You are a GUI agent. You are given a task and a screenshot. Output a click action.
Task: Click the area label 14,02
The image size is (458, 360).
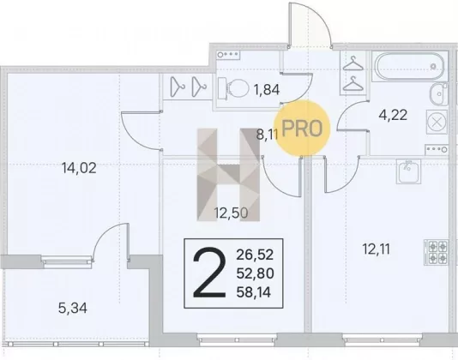tap(79, 168)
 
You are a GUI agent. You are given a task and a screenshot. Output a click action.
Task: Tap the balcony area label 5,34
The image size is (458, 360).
tap(73, 309)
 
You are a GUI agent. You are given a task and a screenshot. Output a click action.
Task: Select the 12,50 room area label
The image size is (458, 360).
tap(231, 213)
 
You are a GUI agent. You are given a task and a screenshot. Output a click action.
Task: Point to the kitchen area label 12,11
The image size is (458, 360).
tap(377, 249)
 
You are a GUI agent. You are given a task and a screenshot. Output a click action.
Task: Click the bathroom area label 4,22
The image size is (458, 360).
tap(393, 115)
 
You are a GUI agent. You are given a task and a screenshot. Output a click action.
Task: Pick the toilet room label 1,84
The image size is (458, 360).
tap(267, 90)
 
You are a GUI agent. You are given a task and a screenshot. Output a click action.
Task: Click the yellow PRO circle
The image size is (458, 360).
tap(302, 128)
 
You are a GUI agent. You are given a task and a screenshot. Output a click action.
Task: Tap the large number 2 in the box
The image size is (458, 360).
tap(209, 273)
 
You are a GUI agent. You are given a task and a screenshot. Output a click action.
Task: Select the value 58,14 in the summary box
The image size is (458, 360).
tap(254, 292)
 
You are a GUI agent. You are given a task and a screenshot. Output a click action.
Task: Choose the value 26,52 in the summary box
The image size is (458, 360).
tap(255, 255)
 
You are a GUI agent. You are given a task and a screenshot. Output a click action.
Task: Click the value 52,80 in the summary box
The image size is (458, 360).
tap(255, 273)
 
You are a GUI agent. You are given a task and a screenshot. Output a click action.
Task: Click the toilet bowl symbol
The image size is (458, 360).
tap(233, 88)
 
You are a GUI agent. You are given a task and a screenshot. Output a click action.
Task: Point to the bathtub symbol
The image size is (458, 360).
tap(409, 66)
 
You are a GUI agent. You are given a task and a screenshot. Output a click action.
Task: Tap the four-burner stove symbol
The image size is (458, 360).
tap(436, 252)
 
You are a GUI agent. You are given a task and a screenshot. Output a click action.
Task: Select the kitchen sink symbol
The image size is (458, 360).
tap(408, 171)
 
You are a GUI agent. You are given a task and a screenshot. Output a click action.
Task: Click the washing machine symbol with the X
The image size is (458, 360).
tap(437, 122)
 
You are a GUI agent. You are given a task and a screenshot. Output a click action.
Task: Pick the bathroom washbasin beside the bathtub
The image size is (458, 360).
tap(439, 94)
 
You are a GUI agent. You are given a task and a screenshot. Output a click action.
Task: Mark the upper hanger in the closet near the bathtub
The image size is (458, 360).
tap(353, 63)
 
